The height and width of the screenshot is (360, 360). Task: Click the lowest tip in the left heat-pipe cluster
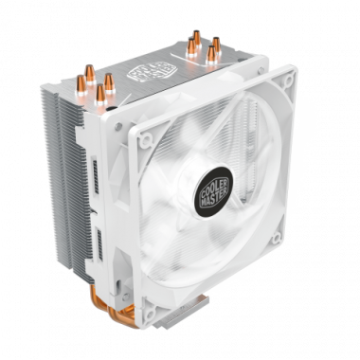[x=99, y=93]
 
